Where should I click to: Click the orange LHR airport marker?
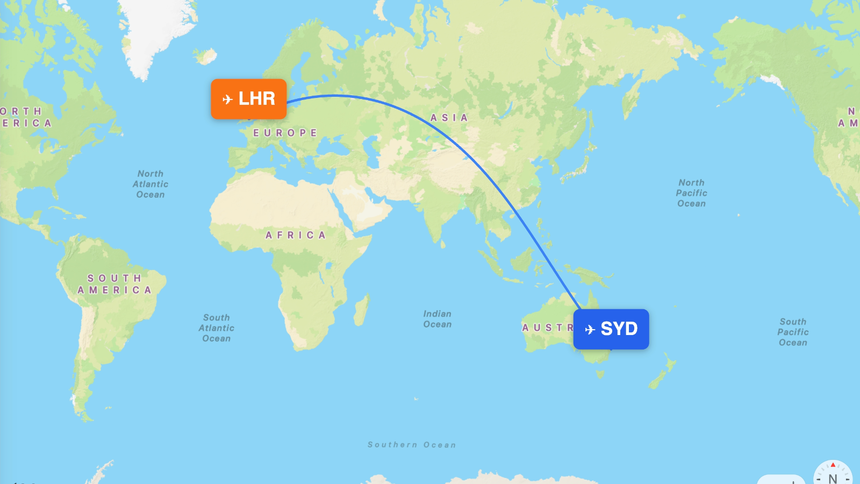click(x=248, y=99)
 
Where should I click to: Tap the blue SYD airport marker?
click(x=611, y=329)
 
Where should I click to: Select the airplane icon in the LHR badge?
click(x=227, y=99)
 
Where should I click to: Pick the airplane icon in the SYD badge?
click(x=590, y=330)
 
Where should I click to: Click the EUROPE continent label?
click(x=285, y=133)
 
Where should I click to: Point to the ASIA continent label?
click(x=449, y=118)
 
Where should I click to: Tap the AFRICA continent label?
click(x=296, y=235)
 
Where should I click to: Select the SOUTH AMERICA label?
click(x=114, y=284)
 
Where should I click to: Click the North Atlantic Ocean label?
click(x=150, y=184)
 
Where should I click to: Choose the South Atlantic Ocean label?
click(x=217, y=328)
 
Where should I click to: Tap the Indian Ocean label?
click(x=438, y=319)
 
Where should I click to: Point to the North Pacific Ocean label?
click(x=692, y=193)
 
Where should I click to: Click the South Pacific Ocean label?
click(x=793, y=332)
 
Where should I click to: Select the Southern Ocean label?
click(x=412, y=445)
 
